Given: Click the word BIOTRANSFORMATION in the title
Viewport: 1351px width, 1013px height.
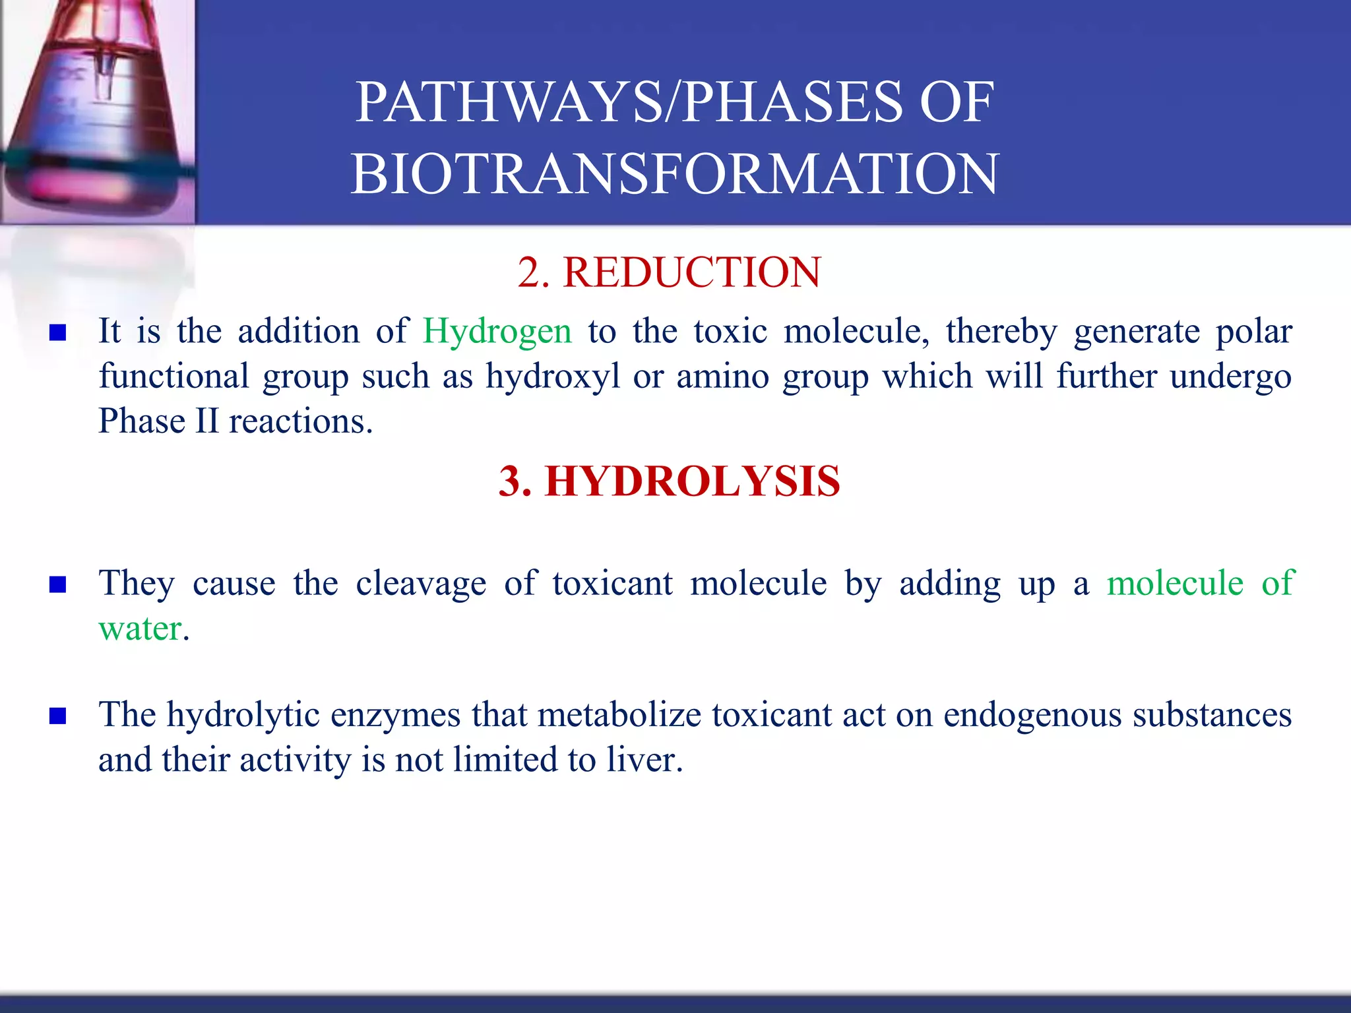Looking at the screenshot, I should (x=674, y=174).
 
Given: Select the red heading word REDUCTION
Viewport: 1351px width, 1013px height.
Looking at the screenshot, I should (x=691, y=272).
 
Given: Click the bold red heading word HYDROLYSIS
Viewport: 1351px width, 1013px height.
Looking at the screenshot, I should (x=693, y=481).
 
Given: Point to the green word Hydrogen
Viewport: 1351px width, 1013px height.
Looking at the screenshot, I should (x=497, y=332).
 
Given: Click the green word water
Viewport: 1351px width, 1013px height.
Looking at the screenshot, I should (x=140, y=629).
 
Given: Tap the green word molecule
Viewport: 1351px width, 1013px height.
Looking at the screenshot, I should (x=1175, y=583).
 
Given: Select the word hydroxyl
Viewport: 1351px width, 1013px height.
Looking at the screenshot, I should (x=553, y=377).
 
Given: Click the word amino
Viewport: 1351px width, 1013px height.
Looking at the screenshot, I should (x=722, y=377).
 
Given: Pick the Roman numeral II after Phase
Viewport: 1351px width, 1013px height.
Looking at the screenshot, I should (x=206, y=421).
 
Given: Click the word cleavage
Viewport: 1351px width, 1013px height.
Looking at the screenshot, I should (x=421, y=583).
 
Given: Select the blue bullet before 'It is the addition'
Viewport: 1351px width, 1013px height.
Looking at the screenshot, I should (x=58, y=332).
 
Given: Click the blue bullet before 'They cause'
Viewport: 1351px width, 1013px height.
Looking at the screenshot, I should (x=58, y=584).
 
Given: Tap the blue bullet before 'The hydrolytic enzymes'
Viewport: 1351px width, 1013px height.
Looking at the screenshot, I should (x=58, y=716).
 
